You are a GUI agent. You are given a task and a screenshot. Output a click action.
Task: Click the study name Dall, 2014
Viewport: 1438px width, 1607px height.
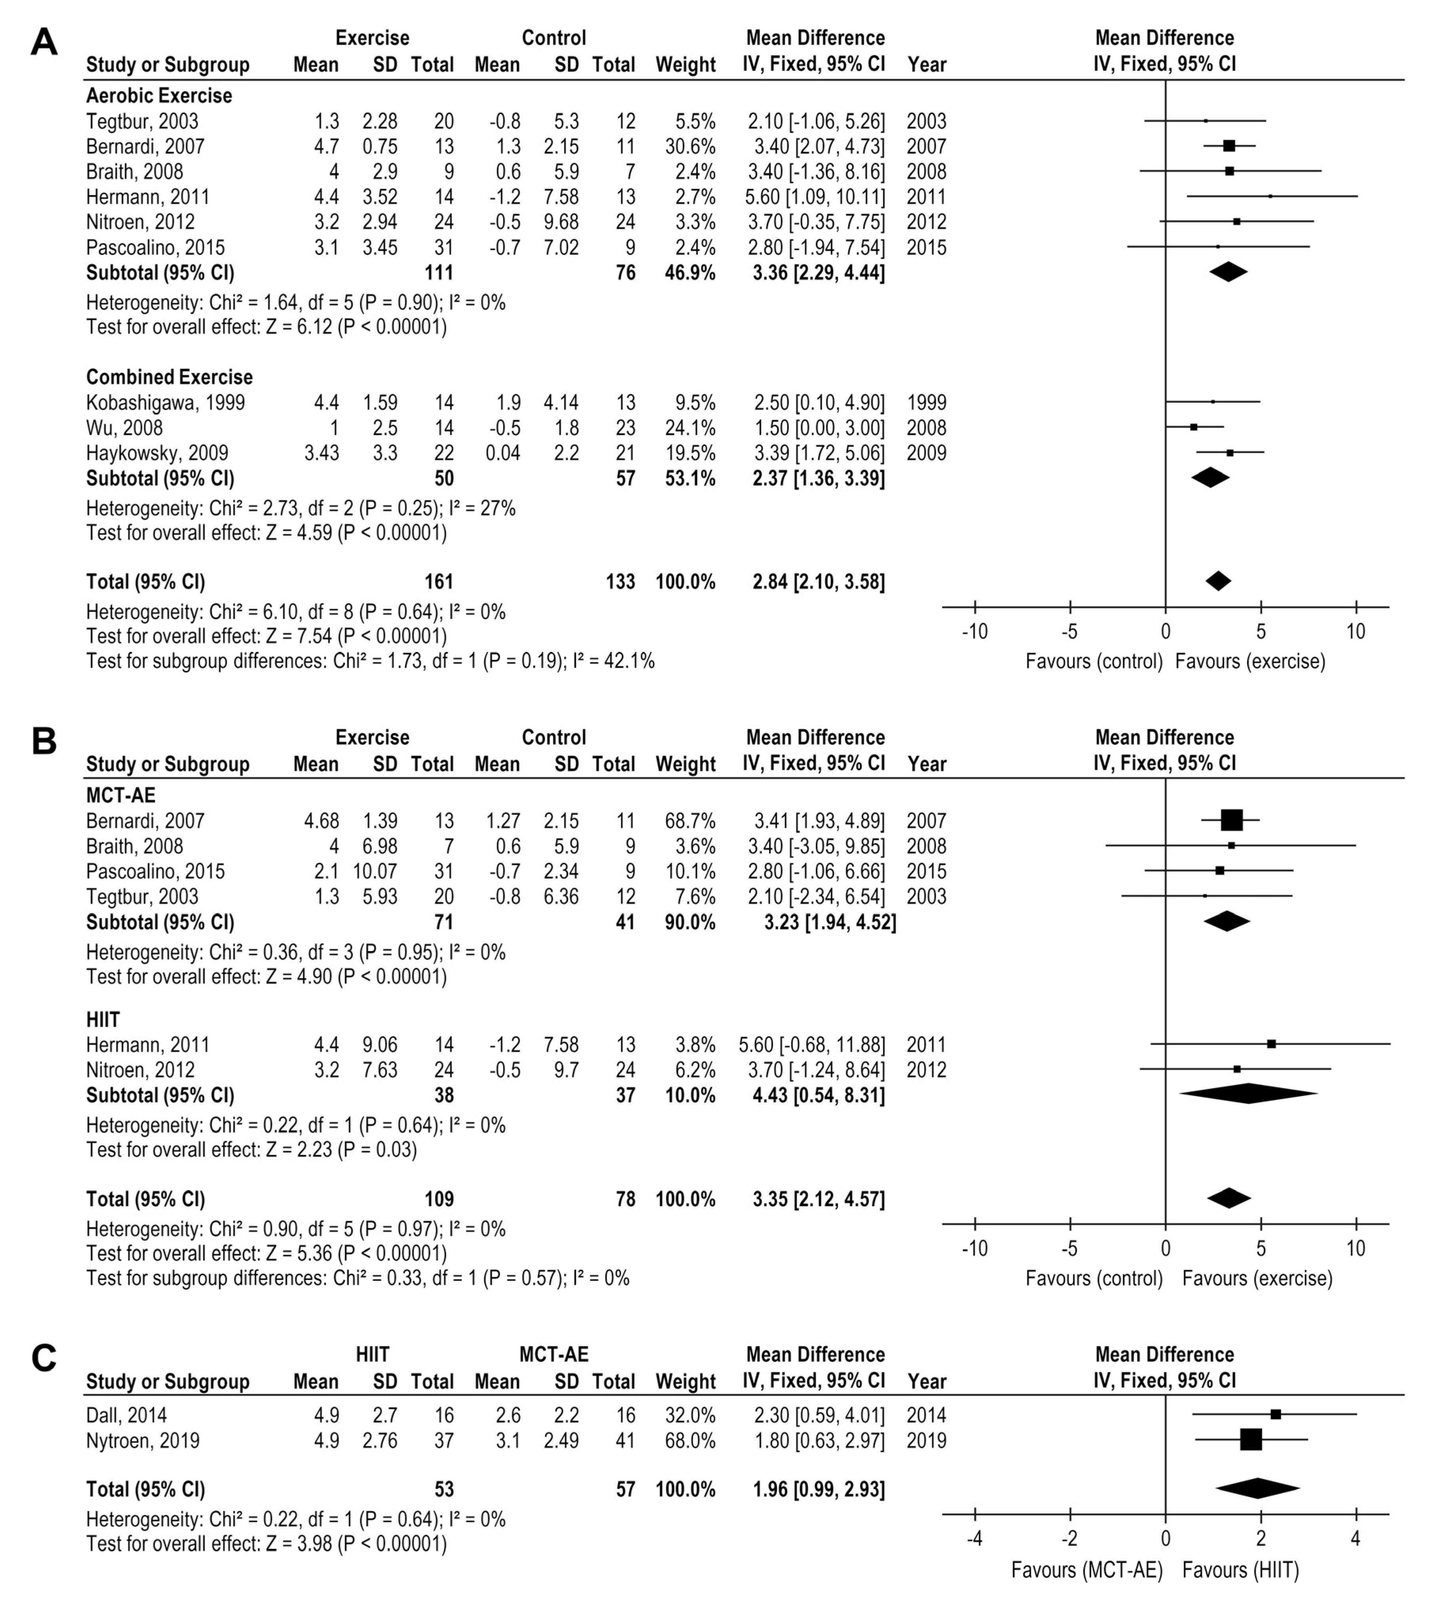click(x=126, y=1415)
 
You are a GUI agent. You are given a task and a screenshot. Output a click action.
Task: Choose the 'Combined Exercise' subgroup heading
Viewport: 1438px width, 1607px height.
click(x=169, y=377)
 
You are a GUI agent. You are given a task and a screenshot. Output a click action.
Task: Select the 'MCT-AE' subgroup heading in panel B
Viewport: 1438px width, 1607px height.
click(x=121, y=795)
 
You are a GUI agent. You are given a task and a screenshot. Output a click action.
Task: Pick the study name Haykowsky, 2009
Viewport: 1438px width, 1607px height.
click(x=157, y=453)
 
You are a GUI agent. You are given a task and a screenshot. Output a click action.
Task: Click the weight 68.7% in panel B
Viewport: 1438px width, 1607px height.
click(x=691, y=821)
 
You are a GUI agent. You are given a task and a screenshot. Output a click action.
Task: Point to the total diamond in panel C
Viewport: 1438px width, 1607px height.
click(x=1258, y=1489)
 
